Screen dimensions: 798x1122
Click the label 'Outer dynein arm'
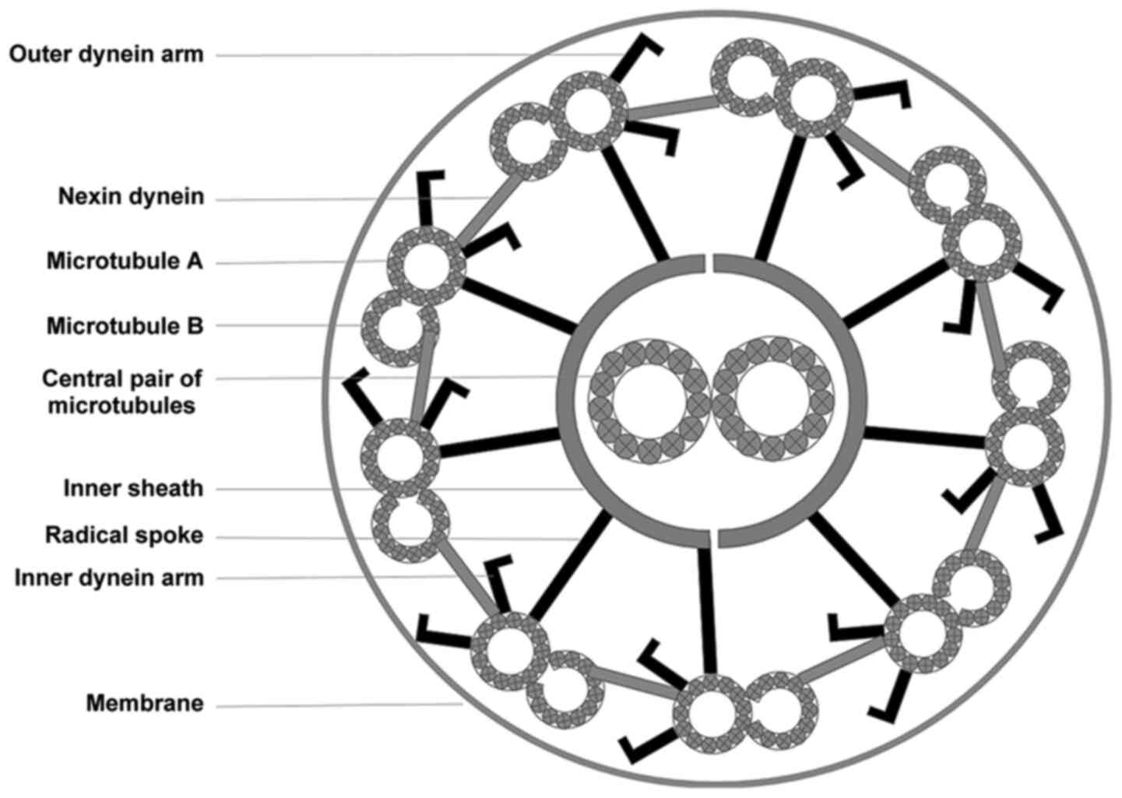coord(107,54)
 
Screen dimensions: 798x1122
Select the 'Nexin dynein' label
coord(131,197)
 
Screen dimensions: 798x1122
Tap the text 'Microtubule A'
coord(125,261)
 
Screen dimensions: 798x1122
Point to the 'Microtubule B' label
coord(125,325)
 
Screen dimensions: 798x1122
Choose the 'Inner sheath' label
coord(133,489)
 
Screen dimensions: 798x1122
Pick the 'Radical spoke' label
coord(124,536)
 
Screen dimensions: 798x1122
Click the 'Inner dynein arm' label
coord(109,578)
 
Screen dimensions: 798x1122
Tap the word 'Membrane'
coord(145,704)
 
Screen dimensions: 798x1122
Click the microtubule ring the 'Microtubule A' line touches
coord(426,264)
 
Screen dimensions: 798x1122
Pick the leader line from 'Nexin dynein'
coord(350,199)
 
